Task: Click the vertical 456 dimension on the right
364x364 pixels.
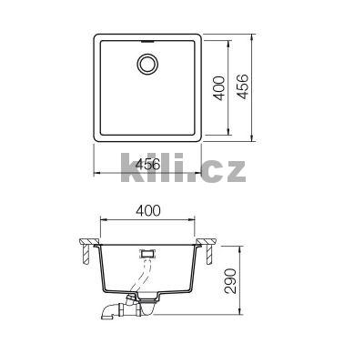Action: tap(242, 88)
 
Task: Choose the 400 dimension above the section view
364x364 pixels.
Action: tap(149, 211)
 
